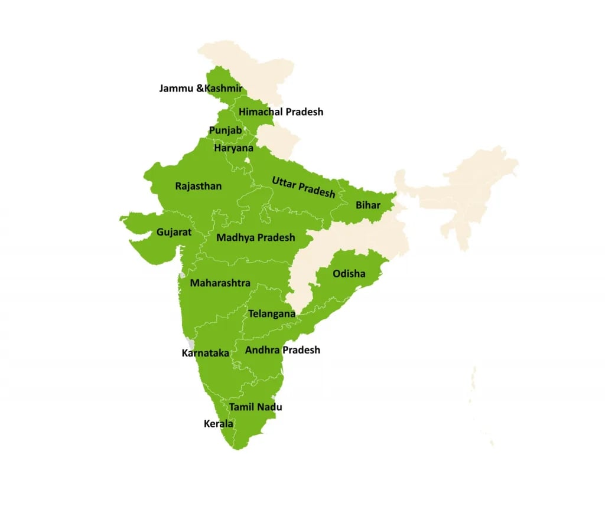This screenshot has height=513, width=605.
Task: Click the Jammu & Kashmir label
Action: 200,89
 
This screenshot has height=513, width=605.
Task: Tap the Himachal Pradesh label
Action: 281,112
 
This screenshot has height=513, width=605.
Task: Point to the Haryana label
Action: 233,148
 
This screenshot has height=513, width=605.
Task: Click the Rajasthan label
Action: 199,186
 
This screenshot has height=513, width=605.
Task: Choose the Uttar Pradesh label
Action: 303,187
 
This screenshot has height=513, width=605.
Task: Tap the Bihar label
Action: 368,205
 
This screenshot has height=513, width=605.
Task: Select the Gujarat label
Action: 174,232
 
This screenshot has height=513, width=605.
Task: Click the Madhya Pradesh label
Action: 255,237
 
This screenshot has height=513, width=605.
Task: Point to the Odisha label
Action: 349,273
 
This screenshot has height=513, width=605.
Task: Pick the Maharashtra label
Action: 220,283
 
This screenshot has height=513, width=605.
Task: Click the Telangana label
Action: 271,313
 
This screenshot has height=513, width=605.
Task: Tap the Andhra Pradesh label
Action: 282,349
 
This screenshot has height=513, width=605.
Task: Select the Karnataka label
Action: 205,353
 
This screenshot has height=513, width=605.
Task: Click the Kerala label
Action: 218,423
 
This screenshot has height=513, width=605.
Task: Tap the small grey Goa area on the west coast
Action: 190,344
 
